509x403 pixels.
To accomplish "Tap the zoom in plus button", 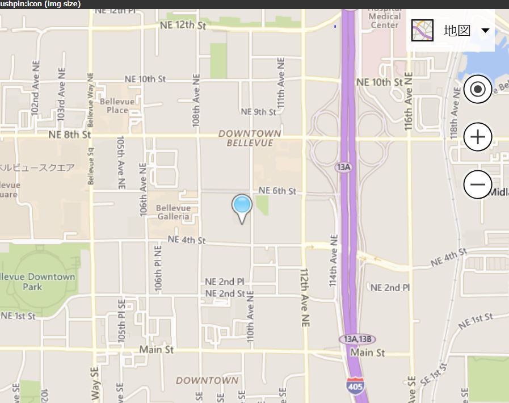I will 478,137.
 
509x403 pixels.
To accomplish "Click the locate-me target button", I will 478,89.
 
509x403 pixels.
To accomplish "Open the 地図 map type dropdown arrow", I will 485,31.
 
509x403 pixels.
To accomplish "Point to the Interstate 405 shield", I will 356,385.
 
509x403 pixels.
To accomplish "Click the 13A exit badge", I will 344,167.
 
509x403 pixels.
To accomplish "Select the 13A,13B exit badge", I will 357,339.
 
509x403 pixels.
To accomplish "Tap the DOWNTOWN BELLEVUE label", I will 250,138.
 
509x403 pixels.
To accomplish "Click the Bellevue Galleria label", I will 173,212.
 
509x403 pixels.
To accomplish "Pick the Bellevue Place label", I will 117,106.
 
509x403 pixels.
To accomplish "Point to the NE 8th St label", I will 70,135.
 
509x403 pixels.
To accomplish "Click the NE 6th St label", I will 277,191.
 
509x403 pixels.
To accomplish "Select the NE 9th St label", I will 258,112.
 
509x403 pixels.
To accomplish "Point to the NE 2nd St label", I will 225,293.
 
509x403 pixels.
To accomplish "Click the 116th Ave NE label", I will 408,108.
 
